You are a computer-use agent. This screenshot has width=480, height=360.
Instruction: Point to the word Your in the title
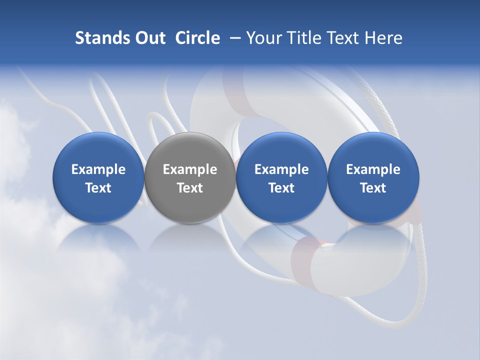click(263, 38)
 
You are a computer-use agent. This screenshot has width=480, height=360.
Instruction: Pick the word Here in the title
click(383, 38)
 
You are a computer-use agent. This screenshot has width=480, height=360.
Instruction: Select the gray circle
click(189, 177)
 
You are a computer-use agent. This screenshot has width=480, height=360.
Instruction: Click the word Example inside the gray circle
click(190, 169)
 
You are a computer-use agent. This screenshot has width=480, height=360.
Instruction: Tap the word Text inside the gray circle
click(190, 188)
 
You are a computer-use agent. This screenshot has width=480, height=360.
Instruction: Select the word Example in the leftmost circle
click(98, 169)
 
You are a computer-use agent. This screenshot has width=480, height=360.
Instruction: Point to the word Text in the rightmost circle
click(373, 188)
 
